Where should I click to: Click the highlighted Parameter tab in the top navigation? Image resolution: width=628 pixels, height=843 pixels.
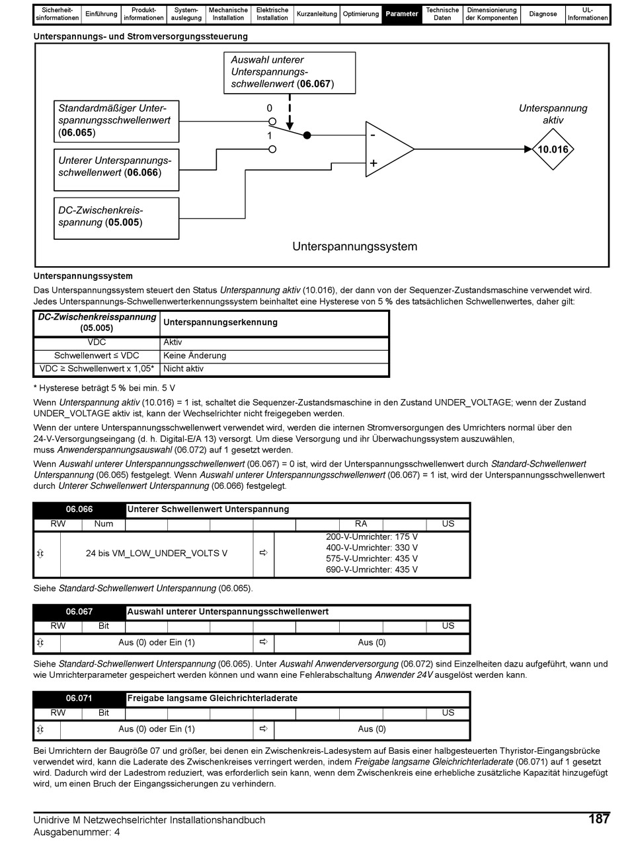click(402, 14)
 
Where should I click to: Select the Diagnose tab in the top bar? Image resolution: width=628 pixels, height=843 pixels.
click(543, 14)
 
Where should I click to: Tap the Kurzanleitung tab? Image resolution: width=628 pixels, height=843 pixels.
click(317, 14)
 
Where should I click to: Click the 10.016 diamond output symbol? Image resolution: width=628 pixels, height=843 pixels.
click(553, 149)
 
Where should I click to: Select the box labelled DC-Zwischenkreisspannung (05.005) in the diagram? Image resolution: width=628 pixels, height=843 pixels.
click(116, 217)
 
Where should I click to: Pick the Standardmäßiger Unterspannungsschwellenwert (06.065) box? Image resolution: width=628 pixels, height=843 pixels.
click(116, 121)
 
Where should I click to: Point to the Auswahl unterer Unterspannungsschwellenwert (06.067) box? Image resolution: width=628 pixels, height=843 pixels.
click(289, 72)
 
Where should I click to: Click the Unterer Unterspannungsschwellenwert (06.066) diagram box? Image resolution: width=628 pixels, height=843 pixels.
click(116, 166)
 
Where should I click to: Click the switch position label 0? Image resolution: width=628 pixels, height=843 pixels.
click(270, 108)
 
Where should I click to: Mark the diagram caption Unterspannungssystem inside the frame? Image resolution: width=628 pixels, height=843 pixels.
click(355, 247)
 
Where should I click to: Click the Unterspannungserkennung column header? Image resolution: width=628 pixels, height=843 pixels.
click(220, 322)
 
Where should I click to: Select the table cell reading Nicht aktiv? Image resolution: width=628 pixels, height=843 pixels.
click(183, 369)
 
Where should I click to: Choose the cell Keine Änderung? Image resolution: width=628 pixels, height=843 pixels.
click(194, 355)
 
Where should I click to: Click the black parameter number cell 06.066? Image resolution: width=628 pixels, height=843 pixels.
click(79, 509)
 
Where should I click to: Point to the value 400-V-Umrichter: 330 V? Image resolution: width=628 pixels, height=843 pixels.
click(372, 548)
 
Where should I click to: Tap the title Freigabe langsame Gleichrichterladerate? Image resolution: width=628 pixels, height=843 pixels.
click(212, 698)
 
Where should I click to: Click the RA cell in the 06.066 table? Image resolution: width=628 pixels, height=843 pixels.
click(361, 524)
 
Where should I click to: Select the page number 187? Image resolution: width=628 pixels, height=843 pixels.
click(598, 819)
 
